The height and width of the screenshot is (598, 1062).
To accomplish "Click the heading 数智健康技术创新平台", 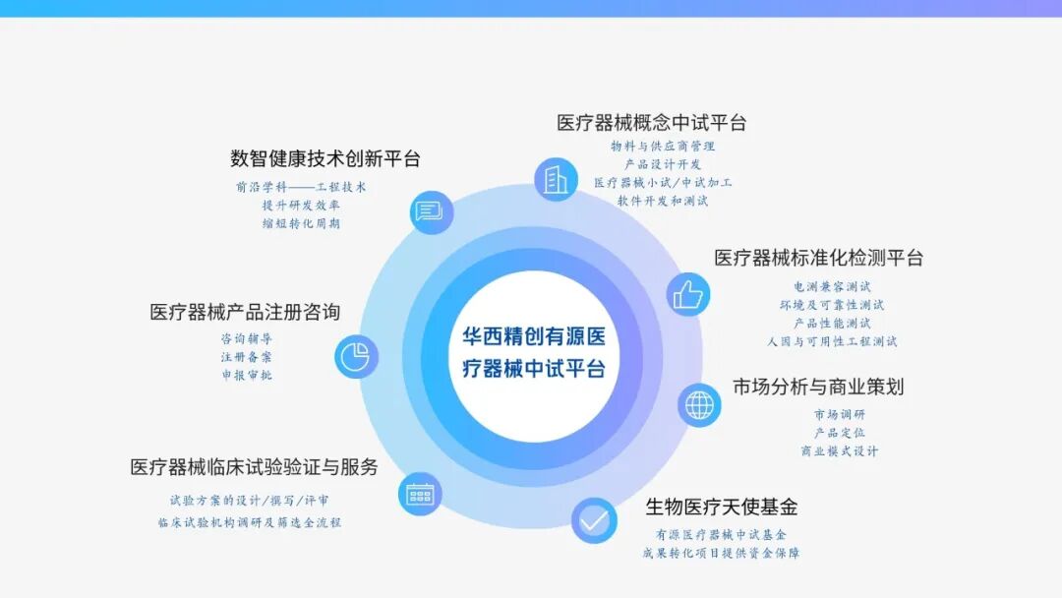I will click(325, 158).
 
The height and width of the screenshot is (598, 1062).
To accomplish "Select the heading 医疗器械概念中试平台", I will click(652, 123).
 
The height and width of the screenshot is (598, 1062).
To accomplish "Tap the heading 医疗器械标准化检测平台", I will click(819, 259).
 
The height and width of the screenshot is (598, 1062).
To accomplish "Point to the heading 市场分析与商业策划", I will click(818, 387).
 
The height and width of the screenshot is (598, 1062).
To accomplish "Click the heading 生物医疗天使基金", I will click(721, 508).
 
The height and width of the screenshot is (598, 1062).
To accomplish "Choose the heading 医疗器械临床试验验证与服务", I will click(254, 467).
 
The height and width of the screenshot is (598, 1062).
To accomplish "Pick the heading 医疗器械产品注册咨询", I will click(245, 312).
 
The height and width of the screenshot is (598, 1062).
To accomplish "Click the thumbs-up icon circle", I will click(688, 294).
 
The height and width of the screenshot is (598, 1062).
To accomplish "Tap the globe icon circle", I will click(699, 404).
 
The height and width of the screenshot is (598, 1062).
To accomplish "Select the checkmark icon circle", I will click(594, 520).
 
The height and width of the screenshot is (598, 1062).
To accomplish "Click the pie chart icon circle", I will click(356, 356).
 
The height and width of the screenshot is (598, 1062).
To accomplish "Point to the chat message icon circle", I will click(431, 211).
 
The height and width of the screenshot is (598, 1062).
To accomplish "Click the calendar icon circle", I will click(420, 494).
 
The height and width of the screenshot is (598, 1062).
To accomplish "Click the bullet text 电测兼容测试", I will click(832, 286).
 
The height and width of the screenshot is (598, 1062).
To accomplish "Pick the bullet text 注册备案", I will click(246, 357).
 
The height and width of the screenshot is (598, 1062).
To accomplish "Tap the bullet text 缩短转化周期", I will click(301, 223).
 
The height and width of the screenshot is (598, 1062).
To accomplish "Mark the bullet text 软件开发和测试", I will click(663, 201).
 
